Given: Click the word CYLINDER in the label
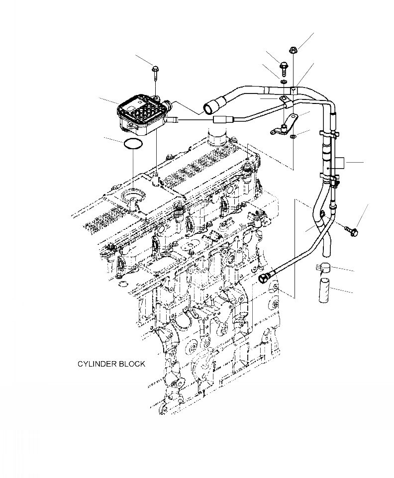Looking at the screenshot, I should (97, 364).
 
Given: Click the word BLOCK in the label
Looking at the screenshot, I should (132, 364).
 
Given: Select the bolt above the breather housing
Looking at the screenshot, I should (156, 73).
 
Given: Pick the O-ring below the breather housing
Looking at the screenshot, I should (133, 144).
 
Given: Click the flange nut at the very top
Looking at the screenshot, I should (293, 50).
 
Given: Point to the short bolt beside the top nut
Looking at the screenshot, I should (284, 66).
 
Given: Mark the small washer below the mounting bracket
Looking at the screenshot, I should (293, 135).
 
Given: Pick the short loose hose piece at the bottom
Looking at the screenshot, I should (322, 291).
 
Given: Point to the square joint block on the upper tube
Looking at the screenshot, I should (294, 90).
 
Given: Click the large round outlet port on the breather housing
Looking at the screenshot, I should (169, 105).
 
